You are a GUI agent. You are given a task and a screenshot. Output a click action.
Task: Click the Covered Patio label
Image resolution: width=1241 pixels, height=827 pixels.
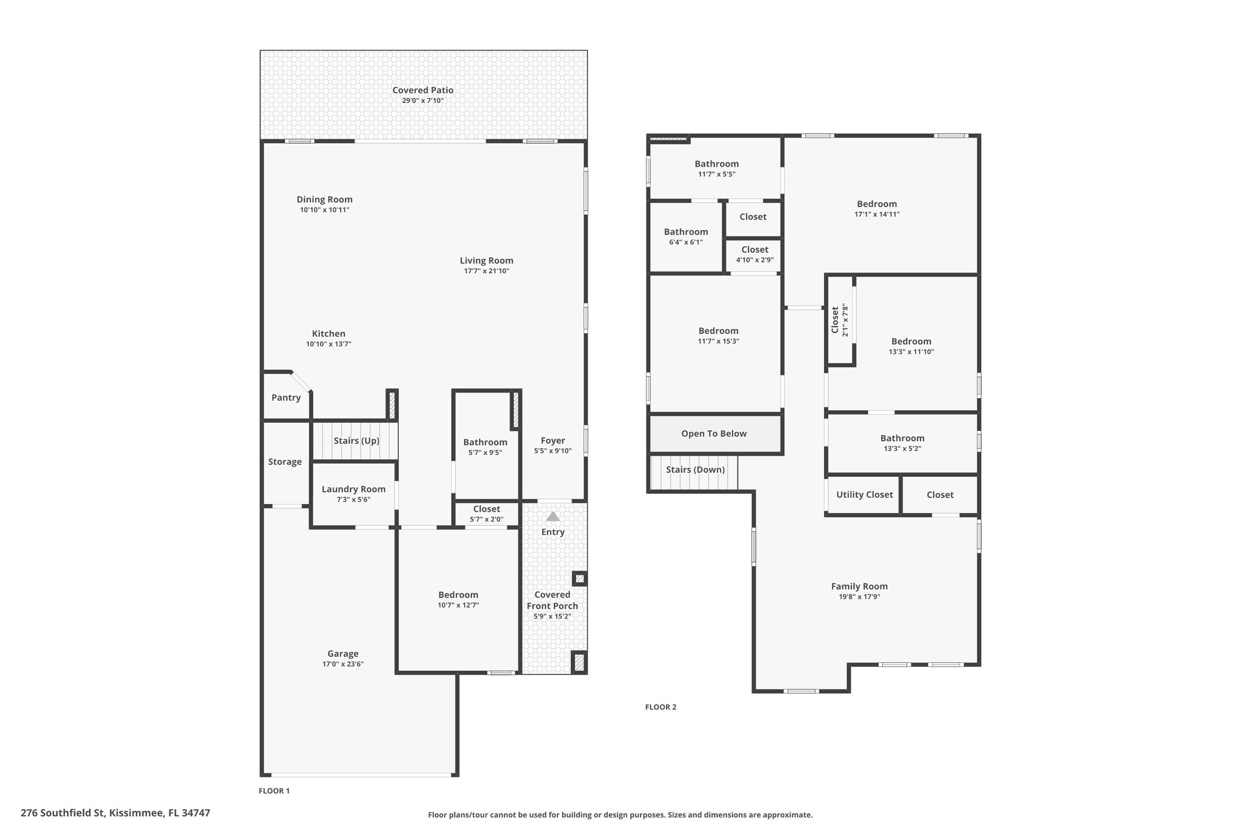tap(423, 90)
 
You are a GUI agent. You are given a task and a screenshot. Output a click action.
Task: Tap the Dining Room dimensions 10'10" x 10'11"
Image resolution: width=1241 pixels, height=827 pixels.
tap(325, 210)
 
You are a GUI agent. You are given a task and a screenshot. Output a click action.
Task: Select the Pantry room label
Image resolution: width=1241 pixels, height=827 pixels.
tap(286, 397)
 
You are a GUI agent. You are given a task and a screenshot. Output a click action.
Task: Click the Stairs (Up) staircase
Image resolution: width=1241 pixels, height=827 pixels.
tap(355, 440)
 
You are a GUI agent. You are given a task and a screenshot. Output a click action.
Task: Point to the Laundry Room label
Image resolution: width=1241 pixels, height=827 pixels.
tap(353, 489)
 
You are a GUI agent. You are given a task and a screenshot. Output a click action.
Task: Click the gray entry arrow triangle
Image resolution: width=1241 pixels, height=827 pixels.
tap(553, 516)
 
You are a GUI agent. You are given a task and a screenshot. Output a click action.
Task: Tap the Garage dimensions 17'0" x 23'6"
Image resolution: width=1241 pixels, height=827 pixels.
tap(343, 664)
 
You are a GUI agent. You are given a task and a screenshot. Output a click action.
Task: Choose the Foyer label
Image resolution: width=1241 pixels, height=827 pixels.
tap(553, 440)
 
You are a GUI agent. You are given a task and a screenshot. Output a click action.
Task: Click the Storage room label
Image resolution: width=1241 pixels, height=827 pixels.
tap(285, 462)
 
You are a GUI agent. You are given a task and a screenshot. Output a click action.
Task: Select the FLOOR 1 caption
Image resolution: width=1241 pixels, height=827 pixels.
tap(274, 791)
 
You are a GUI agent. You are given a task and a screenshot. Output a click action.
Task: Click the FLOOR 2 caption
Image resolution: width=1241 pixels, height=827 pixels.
tap(660, 707)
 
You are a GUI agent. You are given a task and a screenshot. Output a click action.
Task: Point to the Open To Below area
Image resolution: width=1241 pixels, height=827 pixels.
tap(714, 434)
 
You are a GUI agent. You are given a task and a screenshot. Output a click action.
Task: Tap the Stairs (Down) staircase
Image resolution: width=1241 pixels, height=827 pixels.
tap(694, 473)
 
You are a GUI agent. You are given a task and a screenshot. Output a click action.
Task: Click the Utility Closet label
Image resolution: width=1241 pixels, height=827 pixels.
tap(865, 494)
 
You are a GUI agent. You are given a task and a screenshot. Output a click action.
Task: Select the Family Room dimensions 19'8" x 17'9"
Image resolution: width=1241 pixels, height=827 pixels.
tap(859, 597)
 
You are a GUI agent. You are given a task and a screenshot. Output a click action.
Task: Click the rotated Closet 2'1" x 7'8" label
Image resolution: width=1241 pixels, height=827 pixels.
tap(840, 321)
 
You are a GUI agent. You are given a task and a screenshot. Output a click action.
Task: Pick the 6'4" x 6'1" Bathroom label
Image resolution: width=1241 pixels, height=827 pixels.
tap(686, 236)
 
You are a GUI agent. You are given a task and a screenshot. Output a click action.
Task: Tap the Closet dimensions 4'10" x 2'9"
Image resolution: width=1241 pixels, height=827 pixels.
tap(755, 260)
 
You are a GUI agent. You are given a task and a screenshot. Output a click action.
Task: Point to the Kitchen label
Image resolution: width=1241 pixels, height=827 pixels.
tap(328, 334)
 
